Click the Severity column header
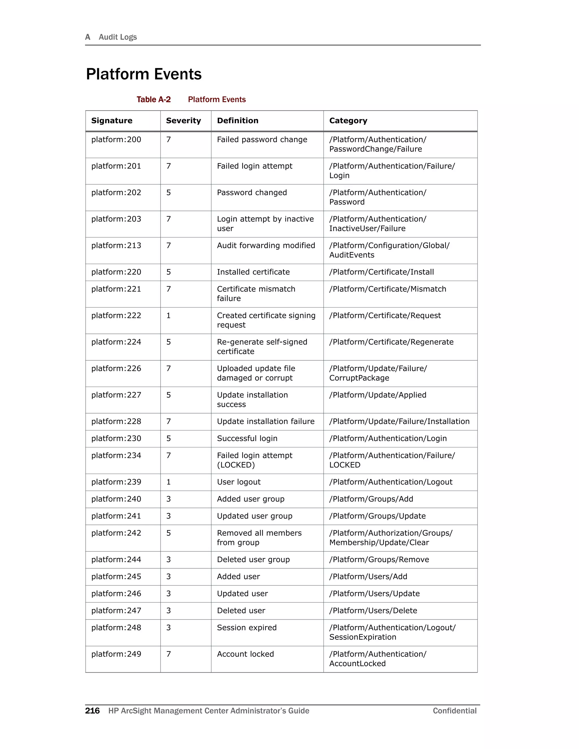183,121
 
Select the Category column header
348,121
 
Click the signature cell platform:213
116,246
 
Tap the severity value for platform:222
168,315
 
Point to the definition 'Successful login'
247,438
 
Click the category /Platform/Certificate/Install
381,272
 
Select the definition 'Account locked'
245,654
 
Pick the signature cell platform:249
116,654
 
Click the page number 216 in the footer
92,711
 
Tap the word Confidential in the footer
455,711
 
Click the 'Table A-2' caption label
153,99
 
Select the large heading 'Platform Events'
144,74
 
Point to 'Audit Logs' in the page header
118,37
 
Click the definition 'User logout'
239,482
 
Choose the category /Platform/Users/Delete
373,611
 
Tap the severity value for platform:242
168,533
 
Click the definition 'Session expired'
247,627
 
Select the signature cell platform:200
116,140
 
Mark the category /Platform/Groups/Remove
379,559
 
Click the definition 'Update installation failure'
265,421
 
